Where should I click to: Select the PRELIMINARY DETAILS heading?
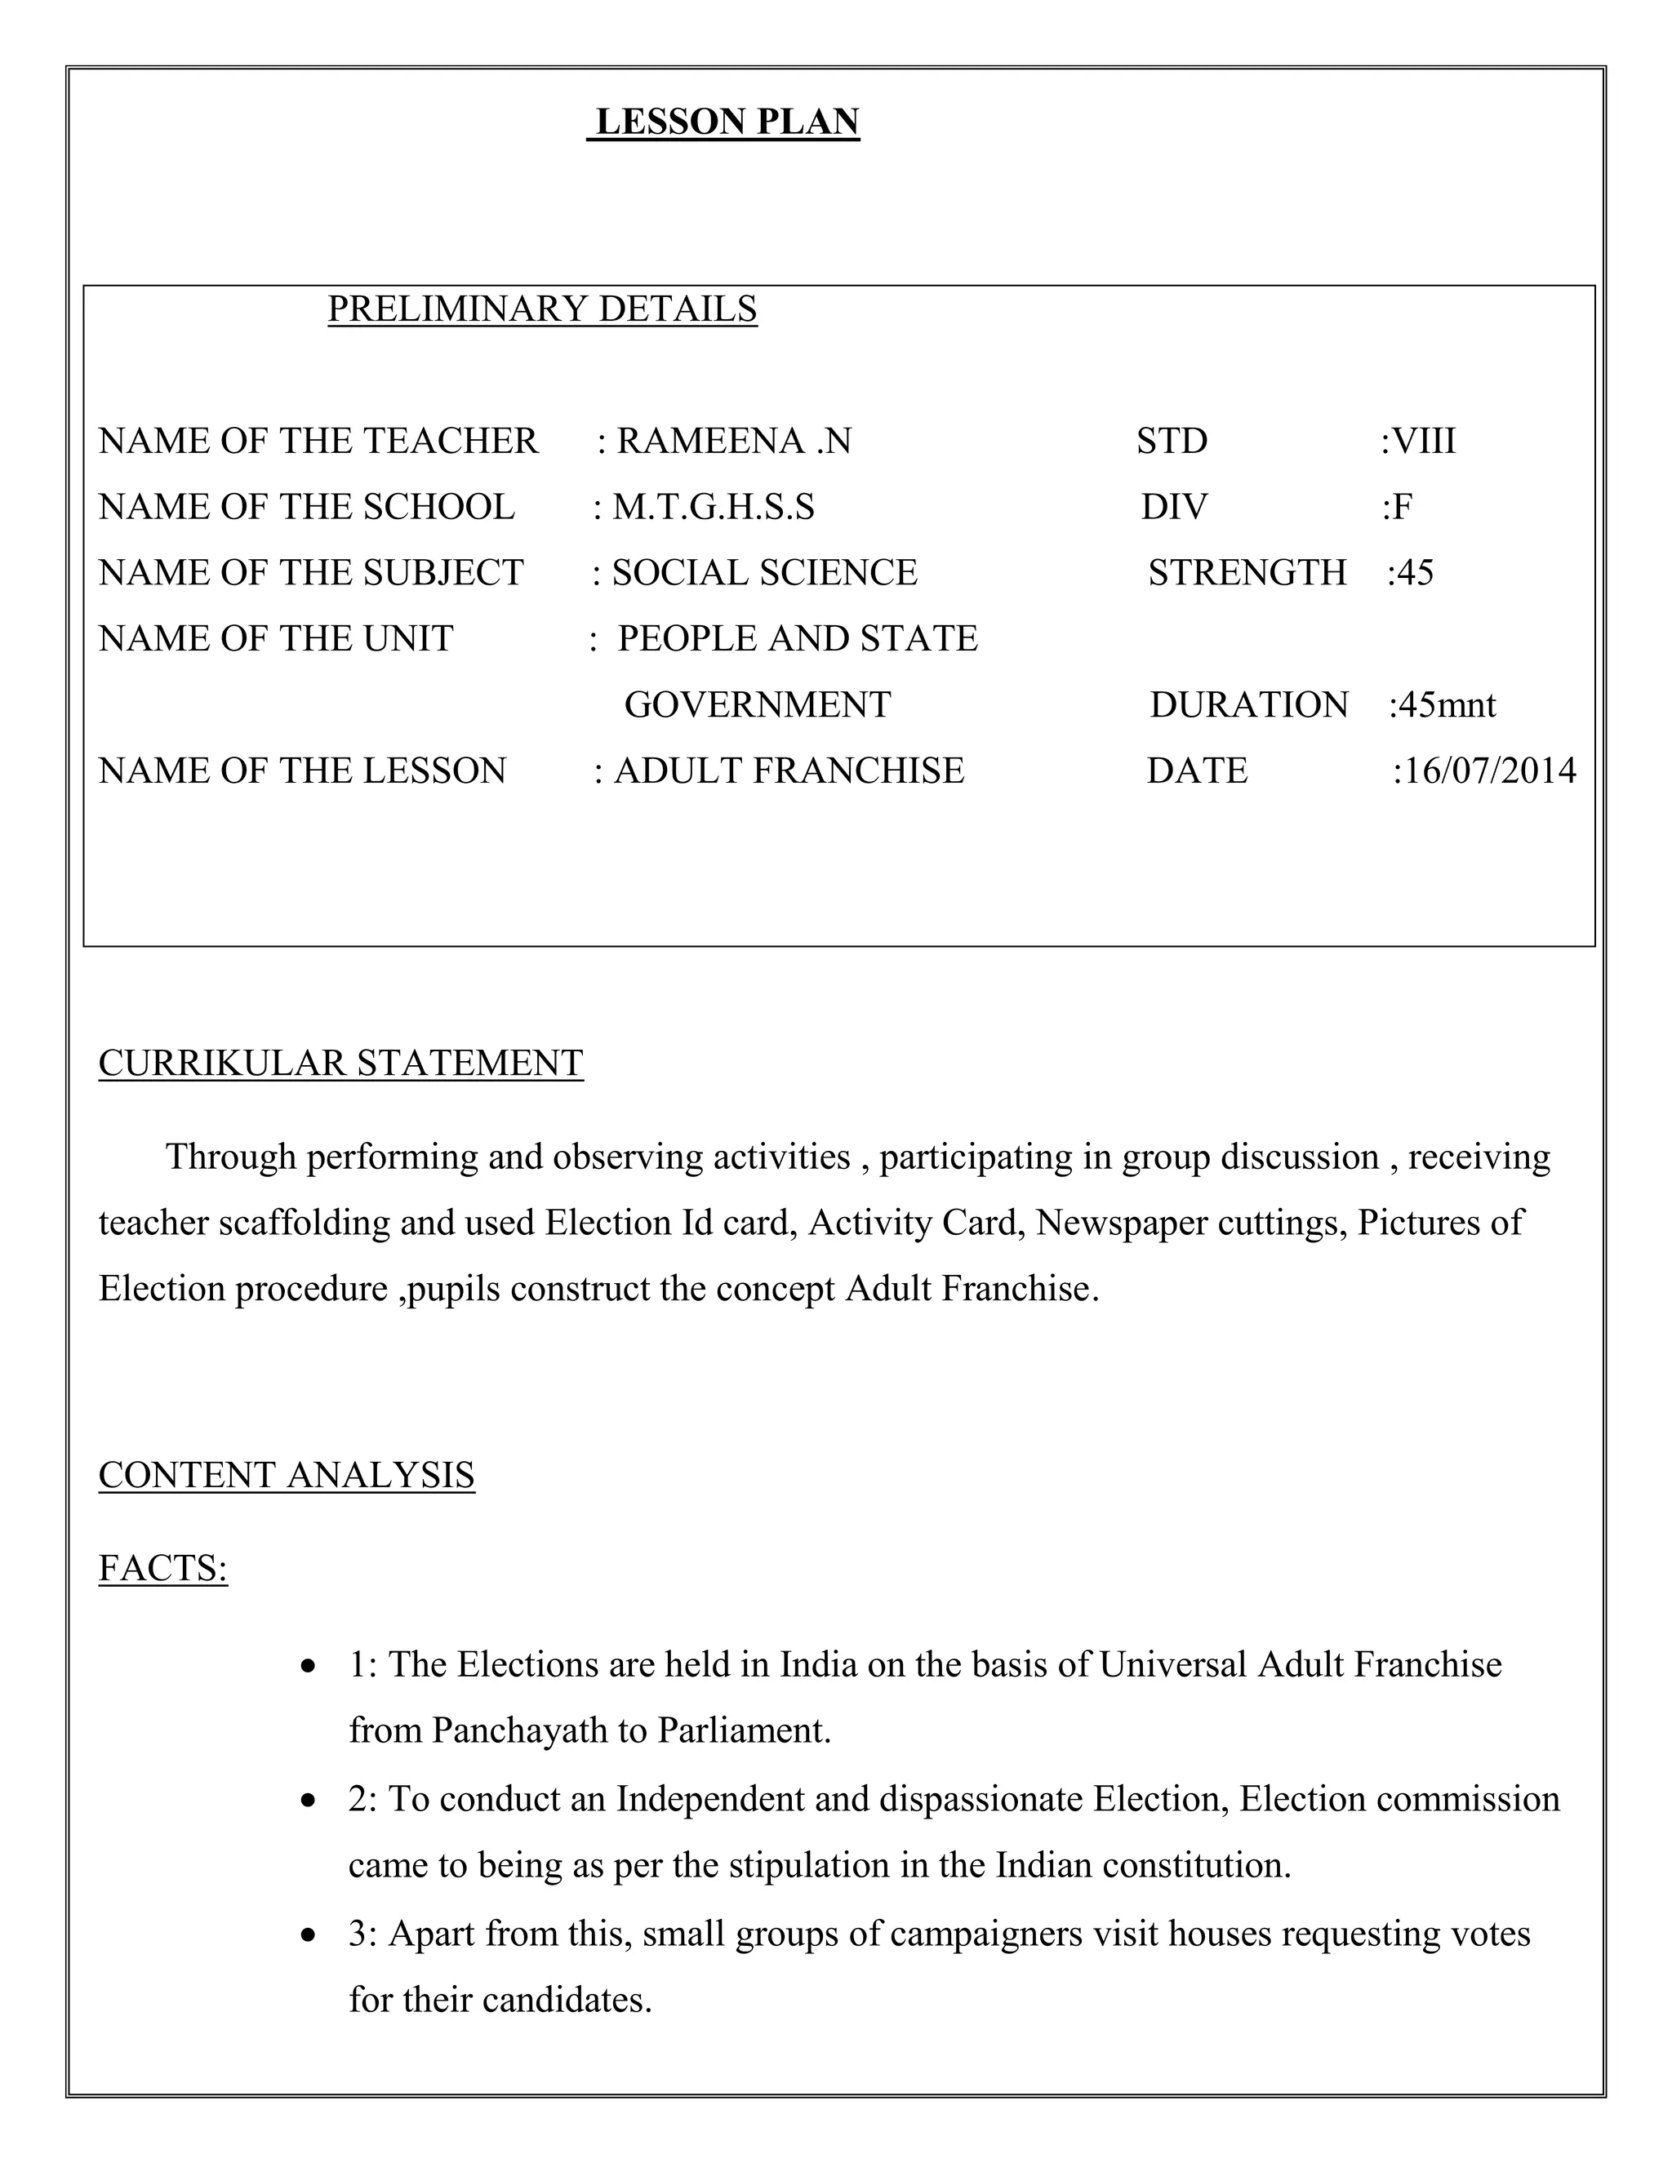[x=542, y=309]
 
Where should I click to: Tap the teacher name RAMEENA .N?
[x=733, y=441]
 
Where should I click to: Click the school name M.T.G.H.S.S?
[x=714, y=507]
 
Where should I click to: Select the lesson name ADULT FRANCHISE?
[x=789, y=771]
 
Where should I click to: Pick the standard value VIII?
[x=1423, y=441]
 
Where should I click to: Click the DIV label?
[x=1174, y=507]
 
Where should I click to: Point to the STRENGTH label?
[x=1247, y=572]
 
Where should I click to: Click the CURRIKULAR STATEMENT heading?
[x=340, y=1063]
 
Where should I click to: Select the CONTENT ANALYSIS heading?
[x=287, y=1475]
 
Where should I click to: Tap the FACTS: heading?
[x=163, y=1569]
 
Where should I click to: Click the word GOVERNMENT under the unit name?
[x=757, y=705]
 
